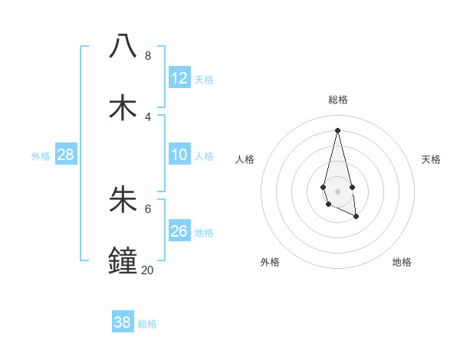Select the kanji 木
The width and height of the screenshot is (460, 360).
point(123,107)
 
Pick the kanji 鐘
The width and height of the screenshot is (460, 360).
point(123,260)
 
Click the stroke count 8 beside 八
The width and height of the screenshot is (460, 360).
point(148,56)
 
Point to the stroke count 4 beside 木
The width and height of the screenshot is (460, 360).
point(148,117)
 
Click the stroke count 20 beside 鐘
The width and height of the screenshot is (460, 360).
point(147,270)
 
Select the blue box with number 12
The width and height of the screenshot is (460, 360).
point(179,78)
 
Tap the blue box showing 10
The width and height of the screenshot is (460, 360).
point(179,155)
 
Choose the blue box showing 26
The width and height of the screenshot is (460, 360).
point(179,231)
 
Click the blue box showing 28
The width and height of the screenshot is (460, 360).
point(66,155)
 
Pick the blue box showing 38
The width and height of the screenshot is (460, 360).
point(123,322)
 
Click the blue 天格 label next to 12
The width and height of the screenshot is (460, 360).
point(204,80)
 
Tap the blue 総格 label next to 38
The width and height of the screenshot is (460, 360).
point(147,324)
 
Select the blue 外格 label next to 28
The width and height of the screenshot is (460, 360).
point(41,156)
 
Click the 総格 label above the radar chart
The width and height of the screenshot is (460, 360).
point(338,100)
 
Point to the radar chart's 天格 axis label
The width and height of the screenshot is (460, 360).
point(431,159)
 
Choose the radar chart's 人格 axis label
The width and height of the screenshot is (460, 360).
point(245,159)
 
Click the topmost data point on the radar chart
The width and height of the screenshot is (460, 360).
point(337,130)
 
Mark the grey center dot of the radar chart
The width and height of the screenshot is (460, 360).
point(337,191)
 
